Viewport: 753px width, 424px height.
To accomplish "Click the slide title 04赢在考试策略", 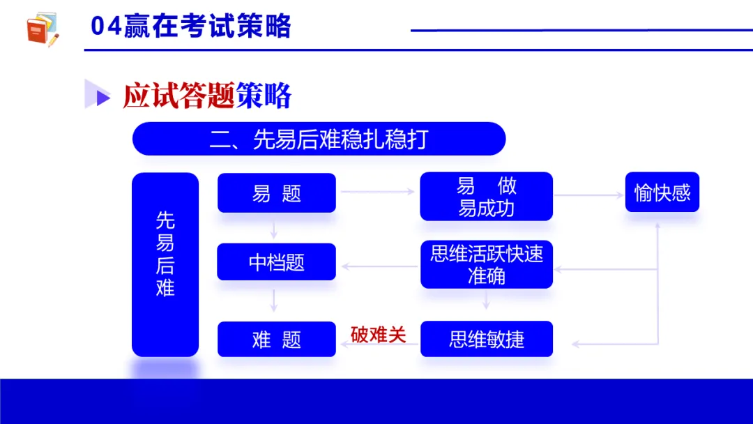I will (190, 27).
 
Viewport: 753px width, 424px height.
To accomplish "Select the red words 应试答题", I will (178, 96).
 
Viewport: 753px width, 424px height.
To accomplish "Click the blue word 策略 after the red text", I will (263, 96).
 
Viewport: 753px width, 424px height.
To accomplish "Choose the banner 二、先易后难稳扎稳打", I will (319, 139).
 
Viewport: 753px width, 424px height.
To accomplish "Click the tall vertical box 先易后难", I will (165, 264).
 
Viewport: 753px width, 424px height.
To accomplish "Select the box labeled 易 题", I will (277, 193).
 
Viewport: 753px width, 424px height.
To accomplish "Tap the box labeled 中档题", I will (277, 262).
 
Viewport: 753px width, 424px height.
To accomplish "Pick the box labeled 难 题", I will (277, 340).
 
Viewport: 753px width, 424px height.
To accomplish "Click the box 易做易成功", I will (486, 197).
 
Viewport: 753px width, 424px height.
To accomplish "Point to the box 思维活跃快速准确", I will (486, 264).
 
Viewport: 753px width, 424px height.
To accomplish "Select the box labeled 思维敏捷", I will (486, 340).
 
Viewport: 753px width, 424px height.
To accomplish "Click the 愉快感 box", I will (662, 192).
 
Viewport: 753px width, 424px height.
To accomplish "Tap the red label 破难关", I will (378, 335).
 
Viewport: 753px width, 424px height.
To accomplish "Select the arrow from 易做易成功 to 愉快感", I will (588, 195).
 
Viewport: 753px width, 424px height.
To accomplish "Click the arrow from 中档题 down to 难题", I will (274, 301).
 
